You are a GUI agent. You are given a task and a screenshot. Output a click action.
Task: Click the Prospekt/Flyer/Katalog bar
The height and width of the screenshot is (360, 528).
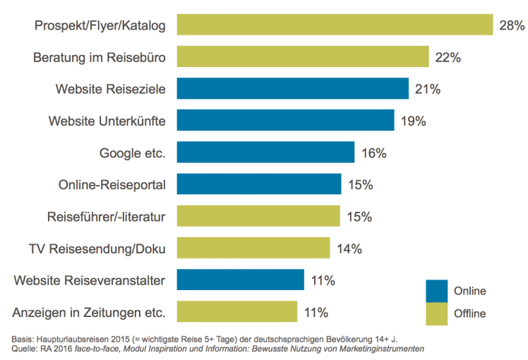click(x=334, y=25)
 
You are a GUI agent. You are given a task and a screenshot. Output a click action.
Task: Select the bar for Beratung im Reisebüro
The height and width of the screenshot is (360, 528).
click(x=302, y=57)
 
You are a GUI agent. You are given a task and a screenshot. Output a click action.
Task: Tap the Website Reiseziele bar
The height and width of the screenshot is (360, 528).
click(x=292, y=89)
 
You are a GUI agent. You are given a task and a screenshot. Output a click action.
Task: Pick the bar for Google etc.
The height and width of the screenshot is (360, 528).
click(x=265, y=152)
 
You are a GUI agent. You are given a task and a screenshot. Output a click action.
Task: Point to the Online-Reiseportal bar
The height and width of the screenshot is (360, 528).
click(x=258, y=184)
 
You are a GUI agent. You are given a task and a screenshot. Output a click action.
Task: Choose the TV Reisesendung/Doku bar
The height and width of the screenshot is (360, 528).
click(x=253, y=248)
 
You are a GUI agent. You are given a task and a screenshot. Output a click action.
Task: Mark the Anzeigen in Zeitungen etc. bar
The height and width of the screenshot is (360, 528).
click(x=236, y=311)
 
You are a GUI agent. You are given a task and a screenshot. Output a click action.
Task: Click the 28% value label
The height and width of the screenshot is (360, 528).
click(x=512, y=26)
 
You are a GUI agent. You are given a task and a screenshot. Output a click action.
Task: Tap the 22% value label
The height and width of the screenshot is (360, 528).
click(x=448, y=58)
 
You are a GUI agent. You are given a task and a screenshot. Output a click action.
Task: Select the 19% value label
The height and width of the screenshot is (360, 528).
click(x=413, y=121)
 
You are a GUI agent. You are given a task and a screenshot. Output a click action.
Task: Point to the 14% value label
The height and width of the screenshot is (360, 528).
click(x=349, y=248)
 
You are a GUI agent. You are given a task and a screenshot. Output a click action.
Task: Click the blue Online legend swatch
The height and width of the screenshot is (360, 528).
click(x=437, y=290)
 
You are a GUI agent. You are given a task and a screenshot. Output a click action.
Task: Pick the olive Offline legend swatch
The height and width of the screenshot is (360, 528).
click(x=437, y=311)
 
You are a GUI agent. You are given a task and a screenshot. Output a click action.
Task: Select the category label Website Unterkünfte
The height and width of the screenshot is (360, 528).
click(x=107, y=121)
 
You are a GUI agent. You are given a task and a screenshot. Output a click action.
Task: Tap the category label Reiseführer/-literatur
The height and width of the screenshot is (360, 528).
click(x=106, y=217)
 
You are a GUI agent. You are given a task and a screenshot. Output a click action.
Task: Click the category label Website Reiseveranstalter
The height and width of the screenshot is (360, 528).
click(x=89, y=280)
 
